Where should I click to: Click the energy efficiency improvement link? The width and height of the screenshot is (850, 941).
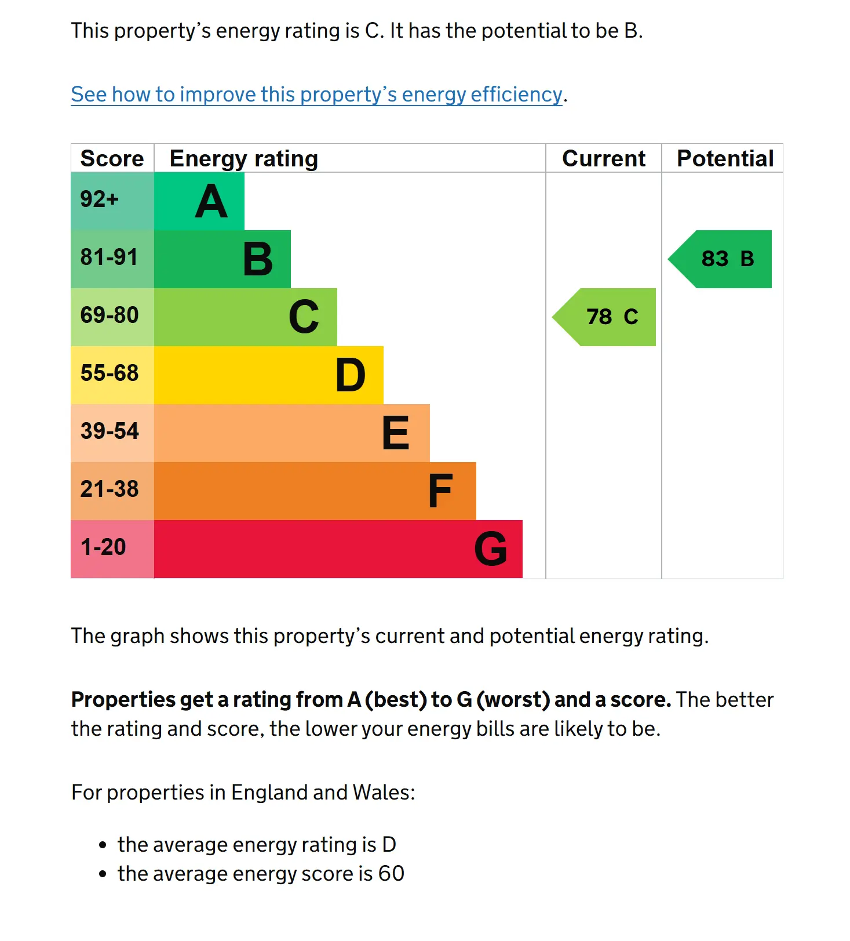click(x=316, y=94)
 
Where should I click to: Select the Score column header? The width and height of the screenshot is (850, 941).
click(x=112, y=158)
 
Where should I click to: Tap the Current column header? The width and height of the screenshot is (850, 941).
click(x=604, y=158)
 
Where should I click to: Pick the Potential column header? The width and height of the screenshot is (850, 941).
click(x=725, y=158)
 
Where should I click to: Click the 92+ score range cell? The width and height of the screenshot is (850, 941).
click(x=112, y=201)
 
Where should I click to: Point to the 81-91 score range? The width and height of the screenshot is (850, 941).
click(x=112, y=259)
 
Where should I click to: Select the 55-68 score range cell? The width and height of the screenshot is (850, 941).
click(x=112, y=375)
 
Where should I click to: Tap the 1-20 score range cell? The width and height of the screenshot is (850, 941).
click(x=112, y=549)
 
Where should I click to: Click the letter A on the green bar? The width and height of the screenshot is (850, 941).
click(x=211, y=201)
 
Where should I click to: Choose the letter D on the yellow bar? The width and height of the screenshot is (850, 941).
click(x=351, y=375)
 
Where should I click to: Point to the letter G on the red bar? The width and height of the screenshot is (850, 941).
click(x=491, y=549)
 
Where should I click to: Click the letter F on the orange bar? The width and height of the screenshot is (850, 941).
click(x=440, y=491)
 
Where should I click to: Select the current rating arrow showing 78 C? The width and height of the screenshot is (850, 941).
click(x=604, y=317)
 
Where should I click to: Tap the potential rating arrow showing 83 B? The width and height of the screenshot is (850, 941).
click(x=720, y=259)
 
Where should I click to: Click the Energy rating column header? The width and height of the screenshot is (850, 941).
click(x=244, y=158)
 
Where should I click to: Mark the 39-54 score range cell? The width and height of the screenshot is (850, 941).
click(x=112, y=433)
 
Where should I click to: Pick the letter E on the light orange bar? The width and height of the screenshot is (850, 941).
click(x=396, y=433)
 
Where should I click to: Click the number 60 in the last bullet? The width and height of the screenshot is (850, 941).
click(x=391, y=873)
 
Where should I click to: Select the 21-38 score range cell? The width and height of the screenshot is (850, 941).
click(x=112, y=491)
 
